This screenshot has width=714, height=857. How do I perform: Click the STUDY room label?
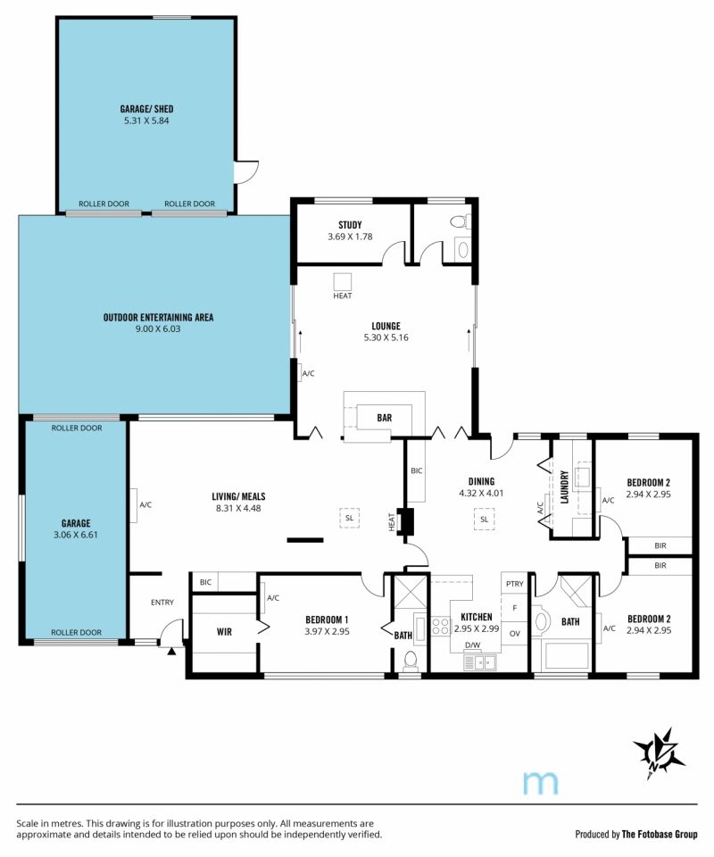point(350,225)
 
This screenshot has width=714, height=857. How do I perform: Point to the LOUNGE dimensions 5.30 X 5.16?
point(386,337)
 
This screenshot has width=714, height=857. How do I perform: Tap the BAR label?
point(384,418)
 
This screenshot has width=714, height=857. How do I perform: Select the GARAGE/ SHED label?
point(146,109)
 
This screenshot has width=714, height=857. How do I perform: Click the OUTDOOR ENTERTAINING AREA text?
point(158,317)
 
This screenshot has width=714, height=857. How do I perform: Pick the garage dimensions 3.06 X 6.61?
point(75,535)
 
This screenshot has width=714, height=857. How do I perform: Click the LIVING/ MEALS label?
point(238,496)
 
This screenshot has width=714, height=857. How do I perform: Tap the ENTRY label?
point(162,603)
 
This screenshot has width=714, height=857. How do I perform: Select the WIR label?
point(224,632)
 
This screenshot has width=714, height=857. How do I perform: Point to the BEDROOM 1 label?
point(327,620)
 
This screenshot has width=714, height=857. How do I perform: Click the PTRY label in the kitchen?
point(514,584)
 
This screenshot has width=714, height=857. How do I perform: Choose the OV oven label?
point(514,634)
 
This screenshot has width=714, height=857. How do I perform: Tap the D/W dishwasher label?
point(472,645)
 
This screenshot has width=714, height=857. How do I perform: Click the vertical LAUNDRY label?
point(565,487)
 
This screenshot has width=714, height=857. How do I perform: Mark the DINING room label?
point(481,481)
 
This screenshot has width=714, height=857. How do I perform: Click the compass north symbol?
point(659,753)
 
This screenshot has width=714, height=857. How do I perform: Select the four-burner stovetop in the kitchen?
point(440,626)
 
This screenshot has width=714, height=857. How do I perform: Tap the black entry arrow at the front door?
point(172,651)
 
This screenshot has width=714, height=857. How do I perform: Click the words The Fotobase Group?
point(660,834)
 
